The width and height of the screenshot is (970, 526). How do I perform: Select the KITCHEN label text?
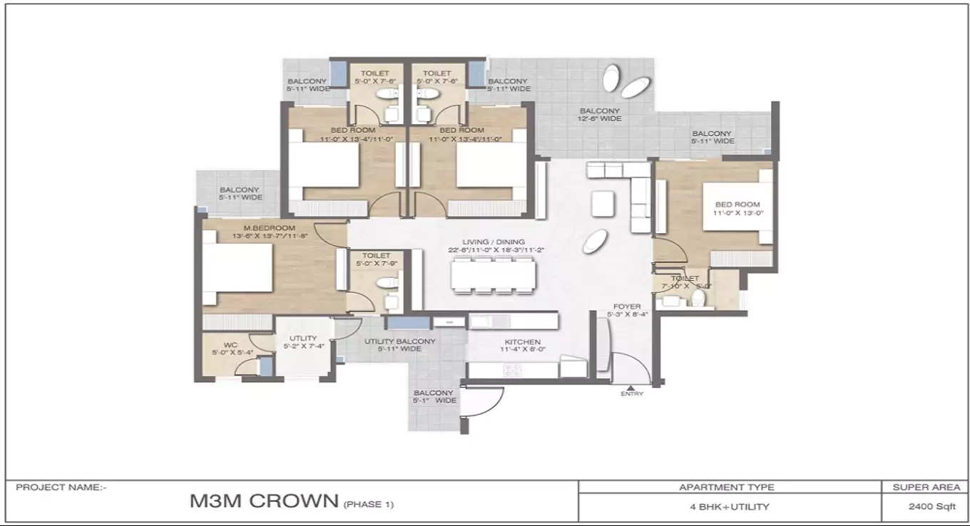pos(522,342)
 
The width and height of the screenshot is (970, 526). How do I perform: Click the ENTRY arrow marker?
pos(631,387)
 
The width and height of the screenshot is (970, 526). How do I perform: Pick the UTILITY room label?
pos(302,339)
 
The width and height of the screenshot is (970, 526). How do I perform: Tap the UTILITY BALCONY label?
pos(399,341)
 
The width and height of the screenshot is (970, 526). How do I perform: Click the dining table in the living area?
pos(492,275)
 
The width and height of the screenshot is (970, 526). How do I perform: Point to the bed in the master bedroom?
pos(238,268)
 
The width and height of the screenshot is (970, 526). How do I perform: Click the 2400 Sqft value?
pos(925,507)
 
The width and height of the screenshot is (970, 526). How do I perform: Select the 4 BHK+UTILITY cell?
pos(726,507)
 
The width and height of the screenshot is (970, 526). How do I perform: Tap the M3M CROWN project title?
pos(264,501)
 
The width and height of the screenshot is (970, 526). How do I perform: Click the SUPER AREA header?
pos(925,488)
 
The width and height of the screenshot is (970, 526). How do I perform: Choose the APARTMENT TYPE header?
pos(726,488)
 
